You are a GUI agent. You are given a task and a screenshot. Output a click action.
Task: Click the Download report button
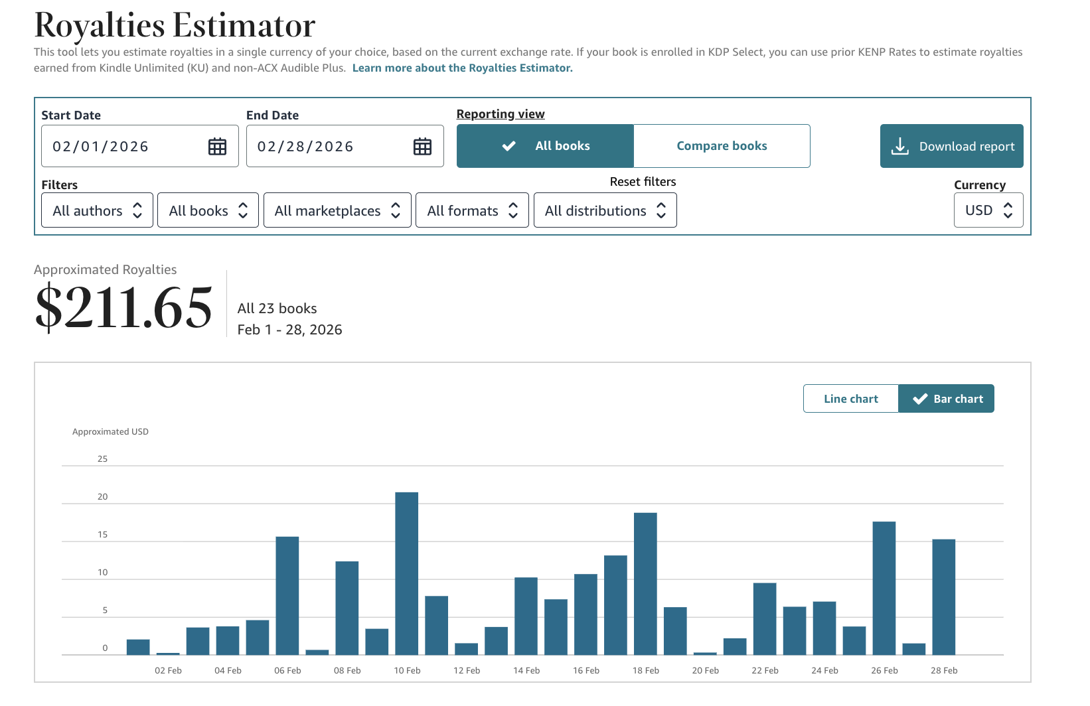(951, 146)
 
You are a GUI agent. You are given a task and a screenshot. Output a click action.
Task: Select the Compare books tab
(722, 146)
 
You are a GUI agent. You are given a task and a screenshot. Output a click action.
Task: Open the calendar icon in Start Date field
(217, 147)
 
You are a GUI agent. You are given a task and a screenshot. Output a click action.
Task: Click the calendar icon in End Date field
(422, 147)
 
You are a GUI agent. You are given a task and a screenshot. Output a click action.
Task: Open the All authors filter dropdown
(98, 210)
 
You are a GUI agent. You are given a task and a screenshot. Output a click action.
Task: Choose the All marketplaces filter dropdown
(337, 210)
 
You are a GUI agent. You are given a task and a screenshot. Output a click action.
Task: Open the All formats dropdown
(472, 210)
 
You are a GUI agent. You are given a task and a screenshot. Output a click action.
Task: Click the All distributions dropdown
(605, 210)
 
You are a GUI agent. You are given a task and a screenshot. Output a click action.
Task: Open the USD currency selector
(988, 210)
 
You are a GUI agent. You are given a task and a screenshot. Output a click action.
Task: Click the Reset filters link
(643, 182)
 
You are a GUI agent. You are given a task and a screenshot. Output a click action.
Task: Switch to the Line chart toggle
(850, 399)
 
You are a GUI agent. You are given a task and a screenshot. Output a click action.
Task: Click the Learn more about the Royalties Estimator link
(462, 68)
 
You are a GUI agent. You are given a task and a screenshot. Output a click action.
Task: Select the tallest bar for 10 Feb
(406, 574)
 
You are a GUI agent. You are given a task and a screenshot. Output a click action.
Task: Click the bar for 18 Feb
(645, 584)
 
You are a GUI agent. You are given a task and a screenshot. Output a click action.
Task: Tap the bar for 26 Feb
(884, 589)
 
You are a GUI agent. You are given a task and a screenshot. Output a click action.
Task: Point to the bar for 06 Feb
(287, 596)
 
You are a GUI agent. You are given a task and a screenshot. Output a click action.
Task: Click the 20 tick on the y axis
(102, 497)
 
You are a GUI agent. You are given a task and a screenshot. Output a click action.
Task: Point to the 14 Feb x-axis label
(526, 670)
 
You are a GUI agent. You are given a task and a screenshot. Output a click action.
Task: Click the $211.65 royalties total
(123, 307)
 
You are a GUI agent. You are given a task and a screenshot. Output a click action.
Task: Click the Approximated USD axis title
(110, 431)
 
